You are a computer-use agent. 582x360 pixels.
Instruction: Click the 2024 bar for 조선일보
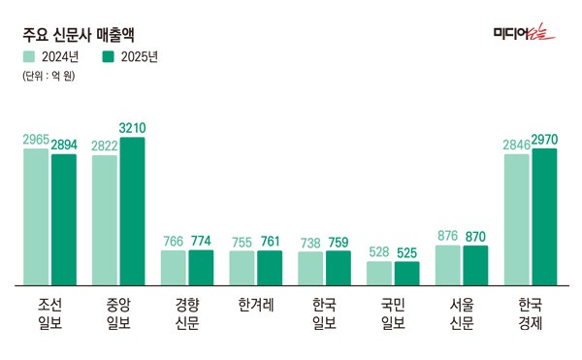pyautogui.click(x=36, y=217)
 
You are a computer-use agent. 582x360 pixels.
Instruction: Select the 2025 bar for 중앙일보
pyautogui.click(x=132, y=212)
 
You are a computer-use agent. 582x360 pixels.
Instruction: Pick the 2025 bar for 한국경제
pyautogui.click(x=544, y=217)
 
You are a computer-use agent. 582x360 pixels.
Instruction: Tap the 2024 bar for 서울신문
pyautogui.click(x=448, y=265)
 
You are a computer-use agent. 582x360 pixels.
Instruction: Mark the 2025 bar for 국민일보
pyautogui.click(x=406, y=274)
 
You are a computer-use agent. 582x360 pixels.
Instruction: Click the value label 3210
pyautogui.click(x=132, y=128)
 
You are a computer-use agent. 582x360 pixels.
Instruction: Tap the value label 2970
pyautogui.click(x=544, y=140)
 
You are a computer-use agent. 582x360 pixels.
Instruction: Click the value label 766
pyautogui.click(x=174, y=242)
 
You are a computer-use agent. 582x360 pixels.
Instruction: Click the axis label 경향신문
pyautogui.click(x=187, y=312)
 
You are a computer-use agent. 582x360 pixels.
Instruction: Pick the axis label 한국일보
pyautogui.click(x=325, y=312)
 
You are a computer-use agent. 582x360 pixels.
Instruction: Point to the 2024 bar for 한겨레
pyautogui.click(x=242, y=268)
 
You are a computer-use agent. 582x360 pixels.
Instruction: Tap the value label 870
pyautogui.click(x=475, y=236)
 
